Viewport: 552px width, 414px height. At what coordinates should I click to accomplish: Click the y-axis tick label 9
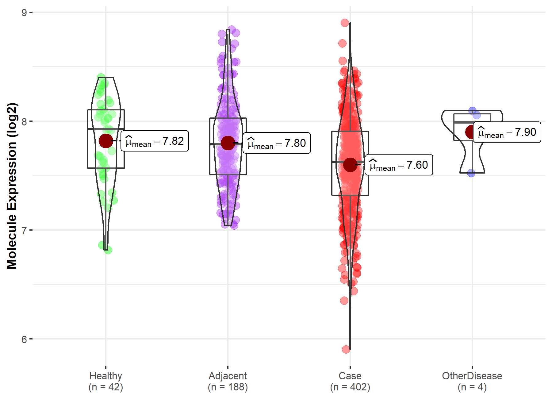tap(24, 13)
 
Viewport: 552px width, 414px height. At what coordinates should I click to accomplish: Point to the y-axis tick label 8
tap(24, 121)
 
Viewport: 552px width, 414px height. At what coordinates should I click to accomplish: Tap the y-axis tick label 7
tap(24, 230)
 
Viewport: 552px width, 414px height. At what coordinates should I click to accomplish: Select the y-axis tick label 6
tap(24, 339)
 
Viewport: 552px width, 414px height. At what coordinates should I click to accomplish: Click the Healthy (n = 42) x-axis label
tap(106, 381)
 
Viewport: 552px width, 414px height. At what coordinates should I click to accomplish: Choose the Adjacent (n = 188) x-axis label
tap(228, 381)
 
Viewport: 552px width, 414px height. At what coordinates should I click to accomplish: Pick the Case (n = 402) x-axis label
tap(350, 381)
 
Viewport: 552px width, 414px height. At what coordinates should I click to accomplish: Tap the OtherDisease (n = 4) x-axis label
tap(472, 381)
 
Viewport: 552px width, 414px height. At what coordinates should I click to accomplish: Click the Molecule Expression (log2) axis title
tap(12, 186)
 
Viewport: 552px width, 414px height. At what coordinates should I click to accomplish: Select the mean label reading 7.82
tap(155, 141)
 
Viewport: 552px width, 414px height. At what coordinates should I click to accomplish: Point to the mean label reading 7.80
tap(277, 143)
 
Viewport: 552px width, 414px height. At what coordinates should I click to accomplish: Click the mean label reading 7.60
tap(399, 165)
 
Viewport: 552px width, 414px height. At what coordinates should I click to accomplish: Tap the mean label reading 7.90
tap(507, 132)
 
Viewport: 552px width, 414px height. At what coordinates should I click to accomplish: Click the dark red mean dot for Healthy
tap(106, 141)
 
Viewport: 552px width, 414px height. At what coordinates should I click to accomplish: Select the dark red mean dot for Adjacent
tap(228, 143)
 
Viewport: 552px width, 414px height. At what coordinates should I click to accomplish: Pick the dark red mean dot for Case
tap(350, 165)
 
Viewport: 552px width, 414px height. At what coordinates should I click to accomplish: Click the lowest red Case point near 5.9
tap(346, 349)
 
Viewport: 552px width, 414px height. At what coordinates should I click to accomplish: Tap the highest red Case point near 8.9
tap(345, 23)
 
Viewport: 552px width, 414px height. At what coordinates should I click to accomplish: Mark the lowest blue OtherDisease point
tap(471, 173)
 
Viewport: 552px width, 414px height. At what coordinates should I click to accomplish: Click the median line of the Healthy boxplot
tap(106, 129)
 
